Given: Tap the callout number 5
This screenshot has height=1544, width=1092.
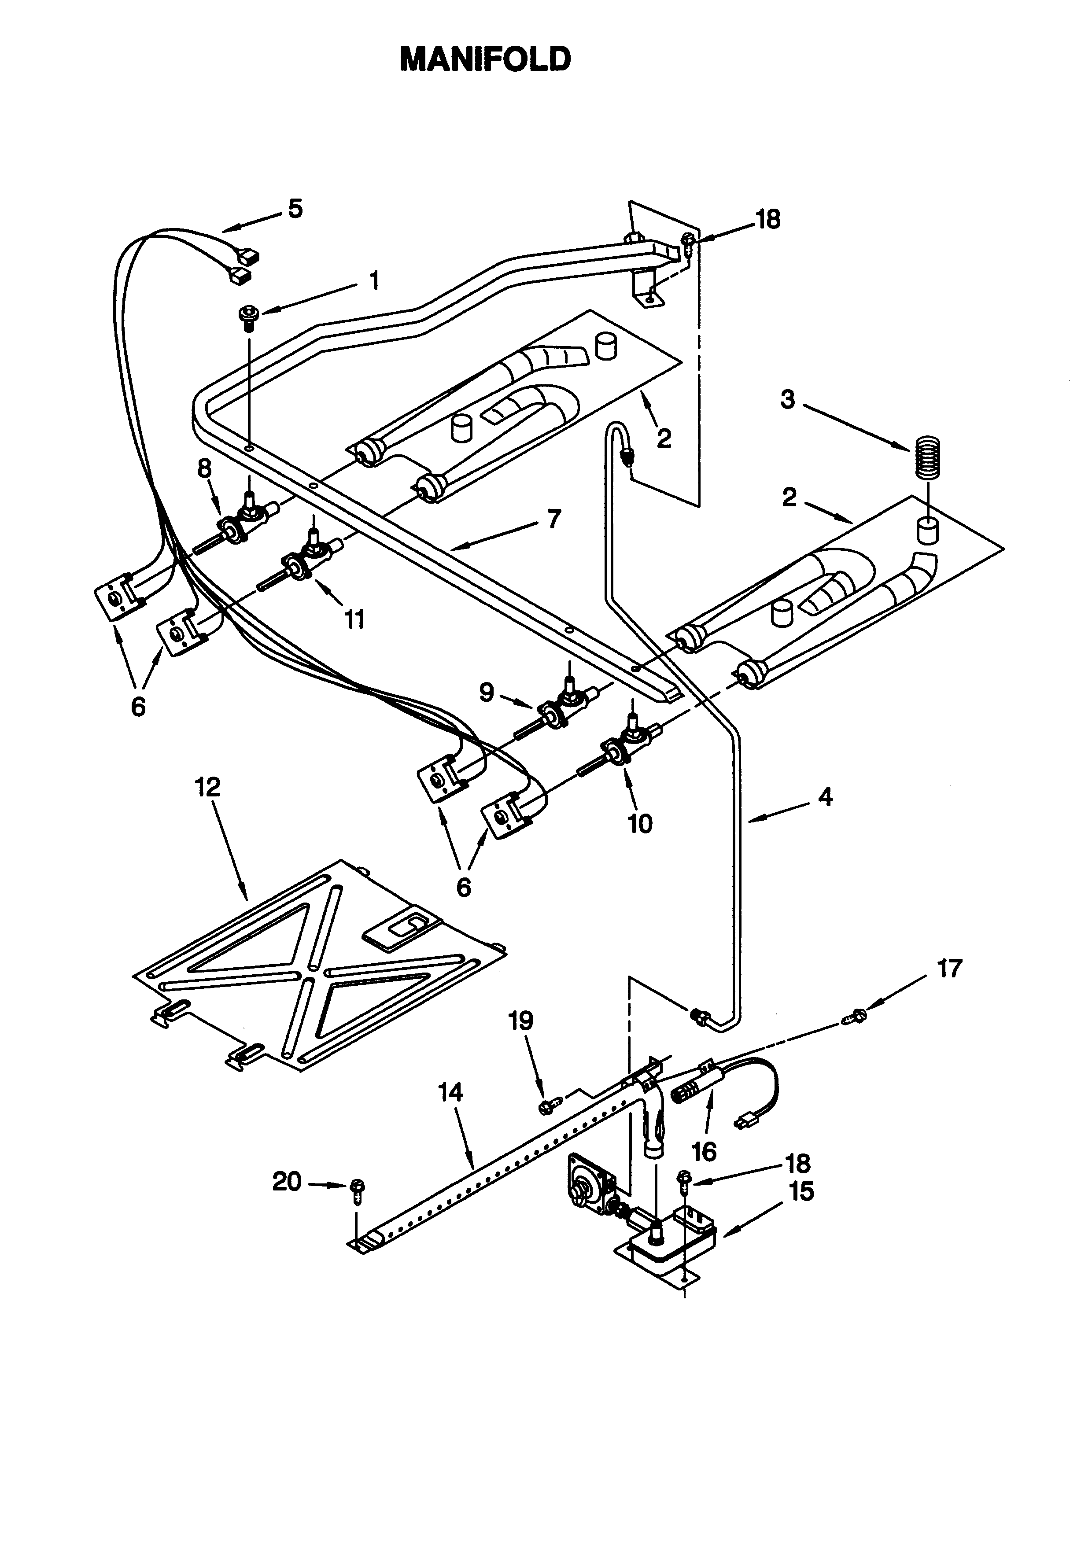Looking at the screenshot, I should pyautogui.click(x=295, y=209).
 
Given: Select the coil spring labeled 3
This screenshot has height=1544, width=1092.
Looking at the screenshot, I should pyautogui.click(x=928, y=458).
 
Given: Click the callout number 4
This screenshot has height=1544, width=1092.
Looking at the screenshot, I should pyautogui.click(x=825, y=797).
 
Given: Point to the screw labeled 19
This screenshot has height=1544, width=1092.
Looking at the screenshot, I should pyautogui.click(x=548, y=1104).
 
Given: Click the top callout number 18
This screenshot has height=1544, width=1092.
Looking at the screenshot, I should pyautogui.click(x=768, y=219).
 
